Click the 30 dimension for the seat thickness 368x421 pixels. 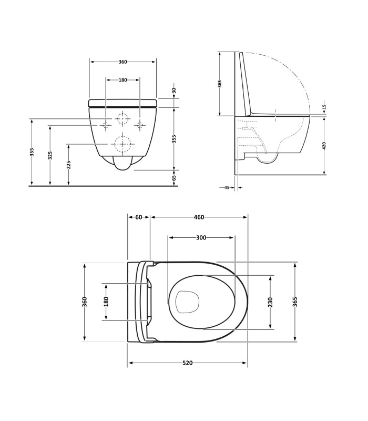(174, 91)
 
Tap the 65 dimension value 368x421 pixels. (174, 177)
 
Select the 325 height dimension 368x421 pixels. (50, 155)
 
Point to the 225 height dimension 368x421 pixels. (69, 165)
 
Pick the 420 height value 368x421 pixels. (324, 146)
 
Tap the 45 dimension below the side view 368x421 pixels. (227, 187)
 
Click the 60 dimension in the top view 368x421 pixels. (139, 217)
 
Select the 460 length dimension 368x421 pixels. (199, 217)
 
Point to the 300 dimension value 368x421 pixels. (201, 237)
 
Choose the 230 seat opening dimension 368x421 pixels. (270, 302)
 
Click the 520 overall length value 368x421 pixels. (188, 363)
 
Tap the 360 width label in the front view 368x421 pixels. (122, 62)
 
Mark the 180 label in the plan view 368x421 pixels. (106, 302)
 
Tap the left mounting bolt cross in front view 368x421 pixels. (106, 125)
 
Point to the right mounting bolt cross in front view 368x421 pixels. (139, 125)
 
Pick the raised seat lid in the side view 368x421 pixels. (245, 83)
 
